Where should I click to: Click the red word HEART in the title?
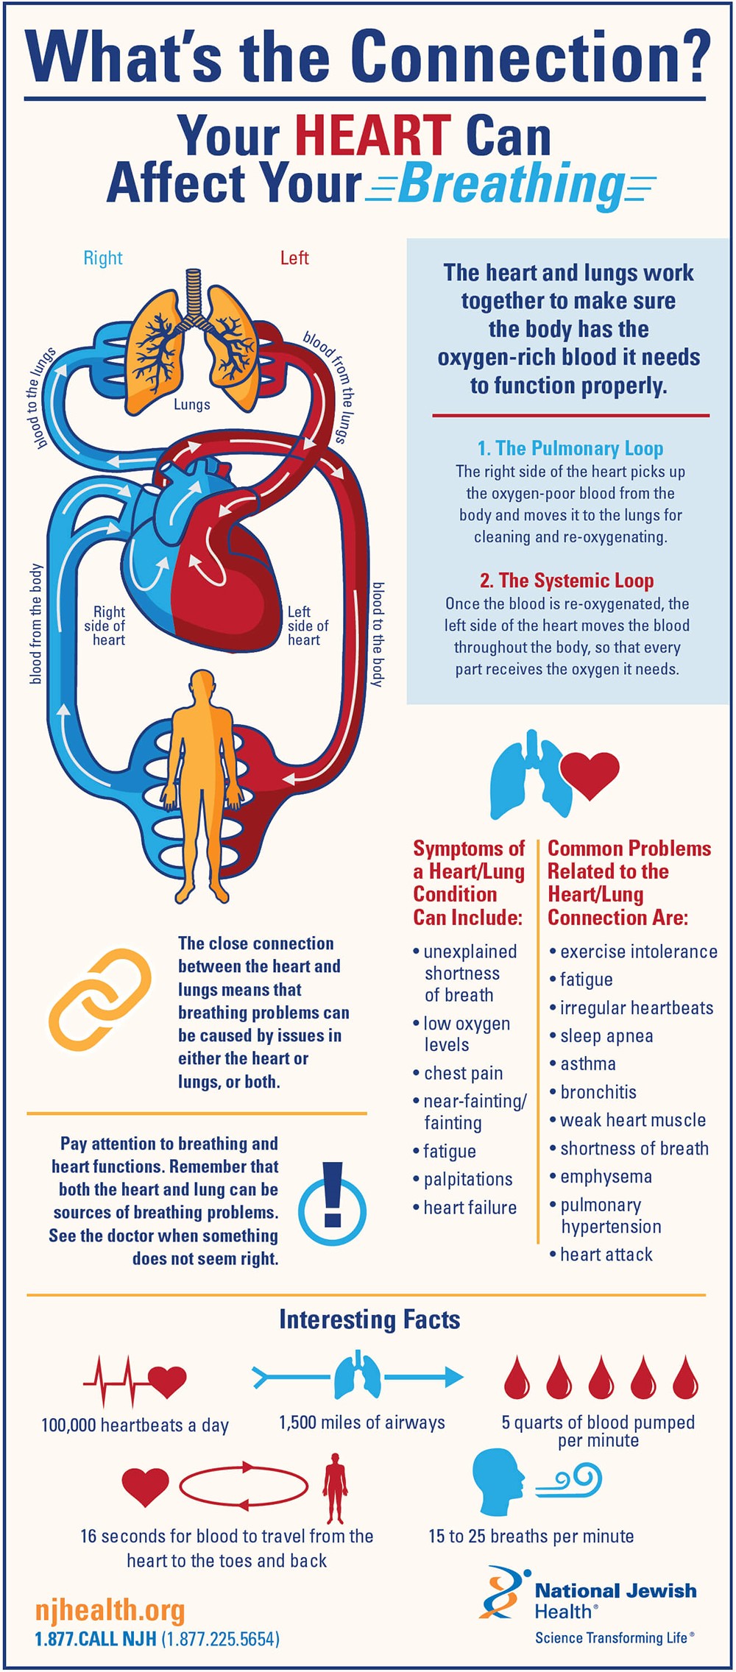(x=372, y=135)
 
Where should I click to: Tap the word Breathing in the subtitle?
(x=511, y=184)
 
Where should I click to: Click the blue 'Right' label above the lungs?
(x=103, y=258)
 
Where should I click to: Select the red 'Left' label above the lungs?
(x=294, y=258)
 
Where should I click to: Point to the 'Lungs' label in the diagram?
(x=192, y=405)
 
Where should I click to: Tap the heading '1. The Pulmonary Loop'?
(x=570, y=449)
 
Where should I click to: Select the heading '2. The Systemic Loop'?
(x=567, y=581)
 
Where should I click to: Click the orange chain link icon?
(x=99, y=998)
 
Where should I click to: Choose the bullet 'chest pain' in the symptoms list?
(x=463, y=1073)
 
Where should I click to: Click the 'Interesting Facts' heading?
(x=369, y=1319)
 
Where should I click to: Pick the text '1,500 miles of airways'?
(x=362, y=1423)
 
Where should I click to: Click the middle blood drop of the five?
(x=601, y=1377)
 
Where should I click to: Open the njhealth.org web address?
(x=110, y=1610)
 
